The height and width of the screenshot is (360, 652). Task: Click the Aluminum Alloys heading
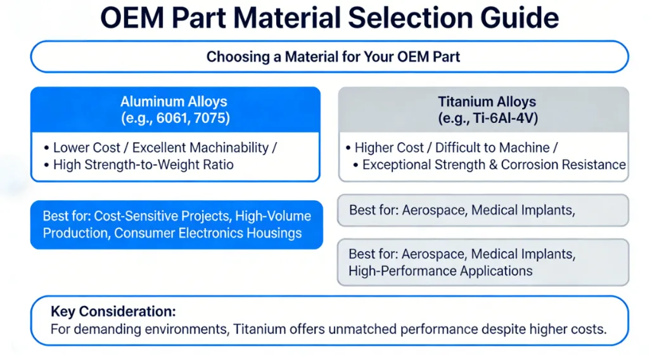click(x=174, y=101)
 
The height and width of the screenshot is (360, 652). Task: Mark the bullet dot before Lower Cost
click(x=47, y=148)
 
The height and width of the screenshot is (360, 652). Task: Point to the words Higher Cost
click(x=390, y=148)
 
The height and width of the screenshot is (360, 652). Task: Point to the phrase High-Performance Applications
click(x=440, y=271)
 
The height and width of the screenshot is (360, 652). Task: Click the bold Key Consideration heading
click(x=113, y=312)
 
